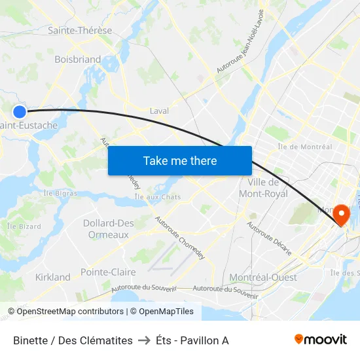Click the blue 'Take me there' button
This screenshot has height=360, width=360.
(180, 160)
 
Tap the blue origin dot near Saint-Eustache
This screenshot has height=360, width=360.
(20, 112)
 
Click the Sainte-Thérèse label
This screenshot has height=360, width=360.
(80, 30)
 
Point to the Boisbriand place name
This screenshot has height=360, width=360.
(78, 59)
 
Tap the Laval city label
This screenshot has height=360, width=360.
(159, 111)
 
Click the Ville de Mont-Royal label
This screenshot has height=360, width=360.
(264, 188)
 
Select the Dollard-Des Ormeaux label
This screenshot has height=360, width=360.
(109, 228)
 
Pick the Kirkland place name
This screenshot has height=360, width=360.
(52, 277)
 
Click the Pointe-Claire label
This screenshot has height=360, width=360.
(108, 272)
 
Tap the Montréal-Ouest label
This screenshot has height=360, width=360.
(264, 277)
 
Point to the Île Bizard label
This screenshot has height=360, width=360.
(24, 226)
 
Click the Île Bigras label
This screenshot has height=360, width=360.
(60, 193)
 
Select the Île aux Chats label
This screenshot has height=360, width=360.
(157, 196)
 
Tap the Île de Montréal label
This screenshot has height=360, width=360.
(304, 147)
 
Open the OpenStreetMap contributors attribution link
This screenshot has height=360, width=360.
(68, 312)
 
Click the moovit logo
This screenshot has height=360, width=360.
(321, 339)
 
